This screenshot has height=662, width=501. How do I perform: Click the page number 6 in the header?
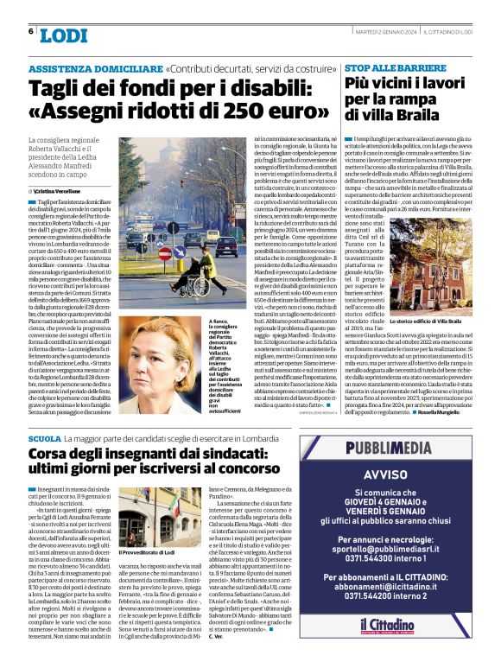tap(32, 32)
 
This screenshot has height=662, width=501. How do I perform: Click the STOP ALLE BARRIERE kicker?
tap(384, 67)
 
